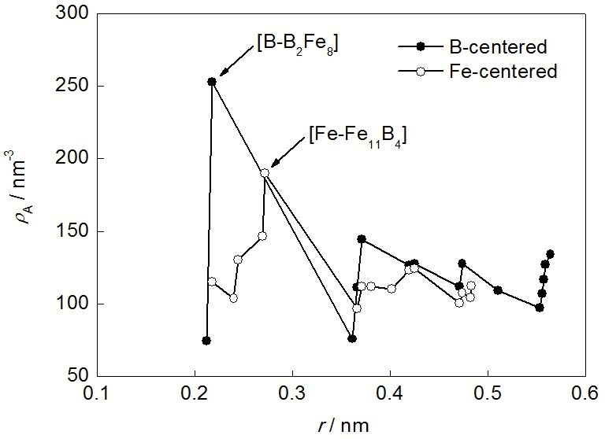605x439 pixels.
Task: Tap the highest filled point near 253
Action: (212, 82)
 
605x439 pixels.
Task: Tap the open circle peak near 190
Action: (265, 173)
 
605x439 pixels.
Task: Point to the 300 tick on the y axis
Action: (74, 13)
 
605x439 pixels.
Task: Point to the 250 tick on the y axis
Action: (74, 86)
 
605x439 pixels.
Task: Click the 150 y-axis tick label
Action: (74, 231)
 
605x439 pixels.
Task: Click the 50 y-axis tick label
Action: (78, 377)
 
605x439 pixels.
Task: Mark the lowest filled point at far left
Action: (206, 341)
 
